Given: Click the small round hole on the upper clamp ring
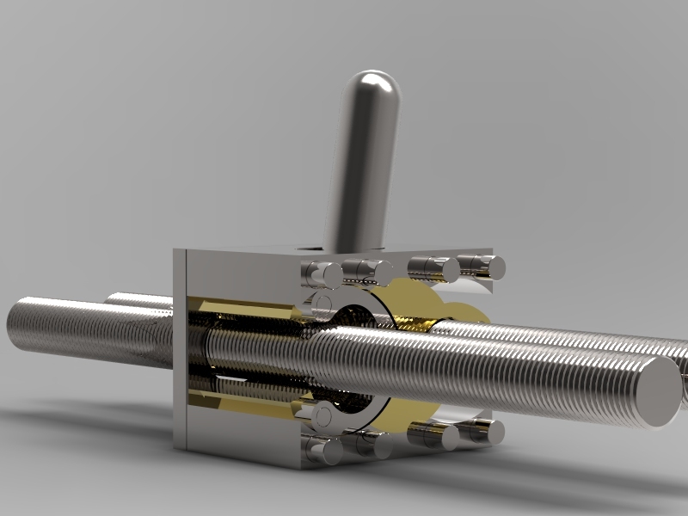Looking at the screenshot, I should point(323,302).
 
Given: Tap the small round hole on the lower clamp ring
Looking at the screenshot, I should point(322,416).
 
